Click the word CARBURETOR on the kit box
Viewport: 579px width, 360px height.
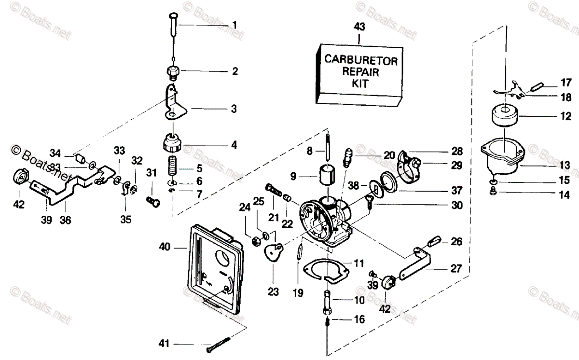[x=360, y=60]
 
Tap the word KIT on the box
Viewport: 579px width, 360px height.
[x=360, y=83]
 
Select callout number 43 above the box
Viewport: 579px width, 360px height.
[x=359, y=27]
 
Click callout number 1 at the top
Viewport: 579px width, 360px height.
[x=234, y=24]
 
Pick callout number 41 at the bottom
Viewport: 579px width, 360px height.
[x=165, y=344]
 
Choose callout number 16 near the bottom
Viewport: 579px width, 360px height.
[x=359, y=319]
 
